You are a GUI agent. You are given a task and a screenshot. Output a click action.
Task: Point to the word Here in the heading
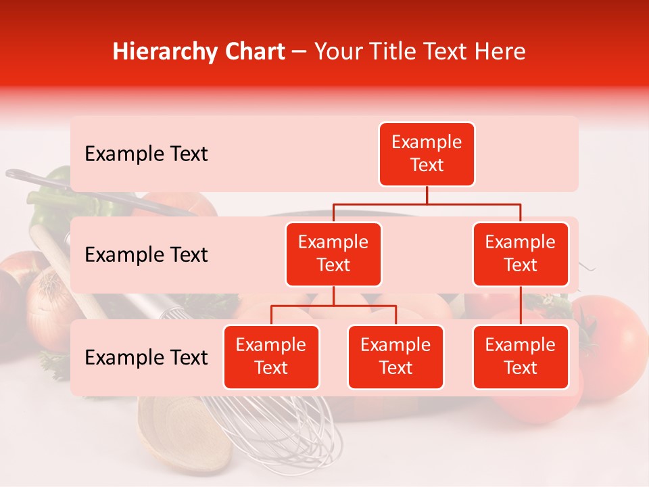click(500, 51)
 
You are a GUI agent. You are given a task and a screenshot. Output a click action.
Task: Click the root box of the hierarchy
click(427, 154)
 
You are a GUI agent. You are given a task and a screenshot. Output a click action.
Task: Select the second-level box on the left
click(333, 254)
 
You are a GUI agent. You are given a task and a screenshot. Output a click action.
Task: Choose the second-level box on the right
click(521, 254)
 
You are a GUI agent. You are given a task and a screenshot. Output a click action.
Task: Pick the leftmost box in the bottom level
click(271, 357)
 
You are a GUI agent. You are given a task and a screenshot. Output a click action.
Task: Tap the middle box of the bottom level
click(395, 357)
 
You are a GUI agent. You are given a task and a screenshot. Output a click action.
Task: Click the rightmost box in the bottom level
click(521, 357)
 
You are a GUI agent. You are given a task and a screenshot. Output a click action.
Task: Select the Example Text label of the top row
click(146, 154)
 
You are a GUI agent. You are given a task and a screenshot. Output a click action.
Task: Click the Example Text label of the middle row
click(146, 255)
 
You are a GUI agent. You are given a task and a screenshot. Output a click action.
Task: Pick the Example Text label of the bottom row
click(146, 358)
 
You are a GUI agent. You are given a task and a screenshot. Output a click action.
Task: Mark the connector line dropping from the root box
click(427, 195)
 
